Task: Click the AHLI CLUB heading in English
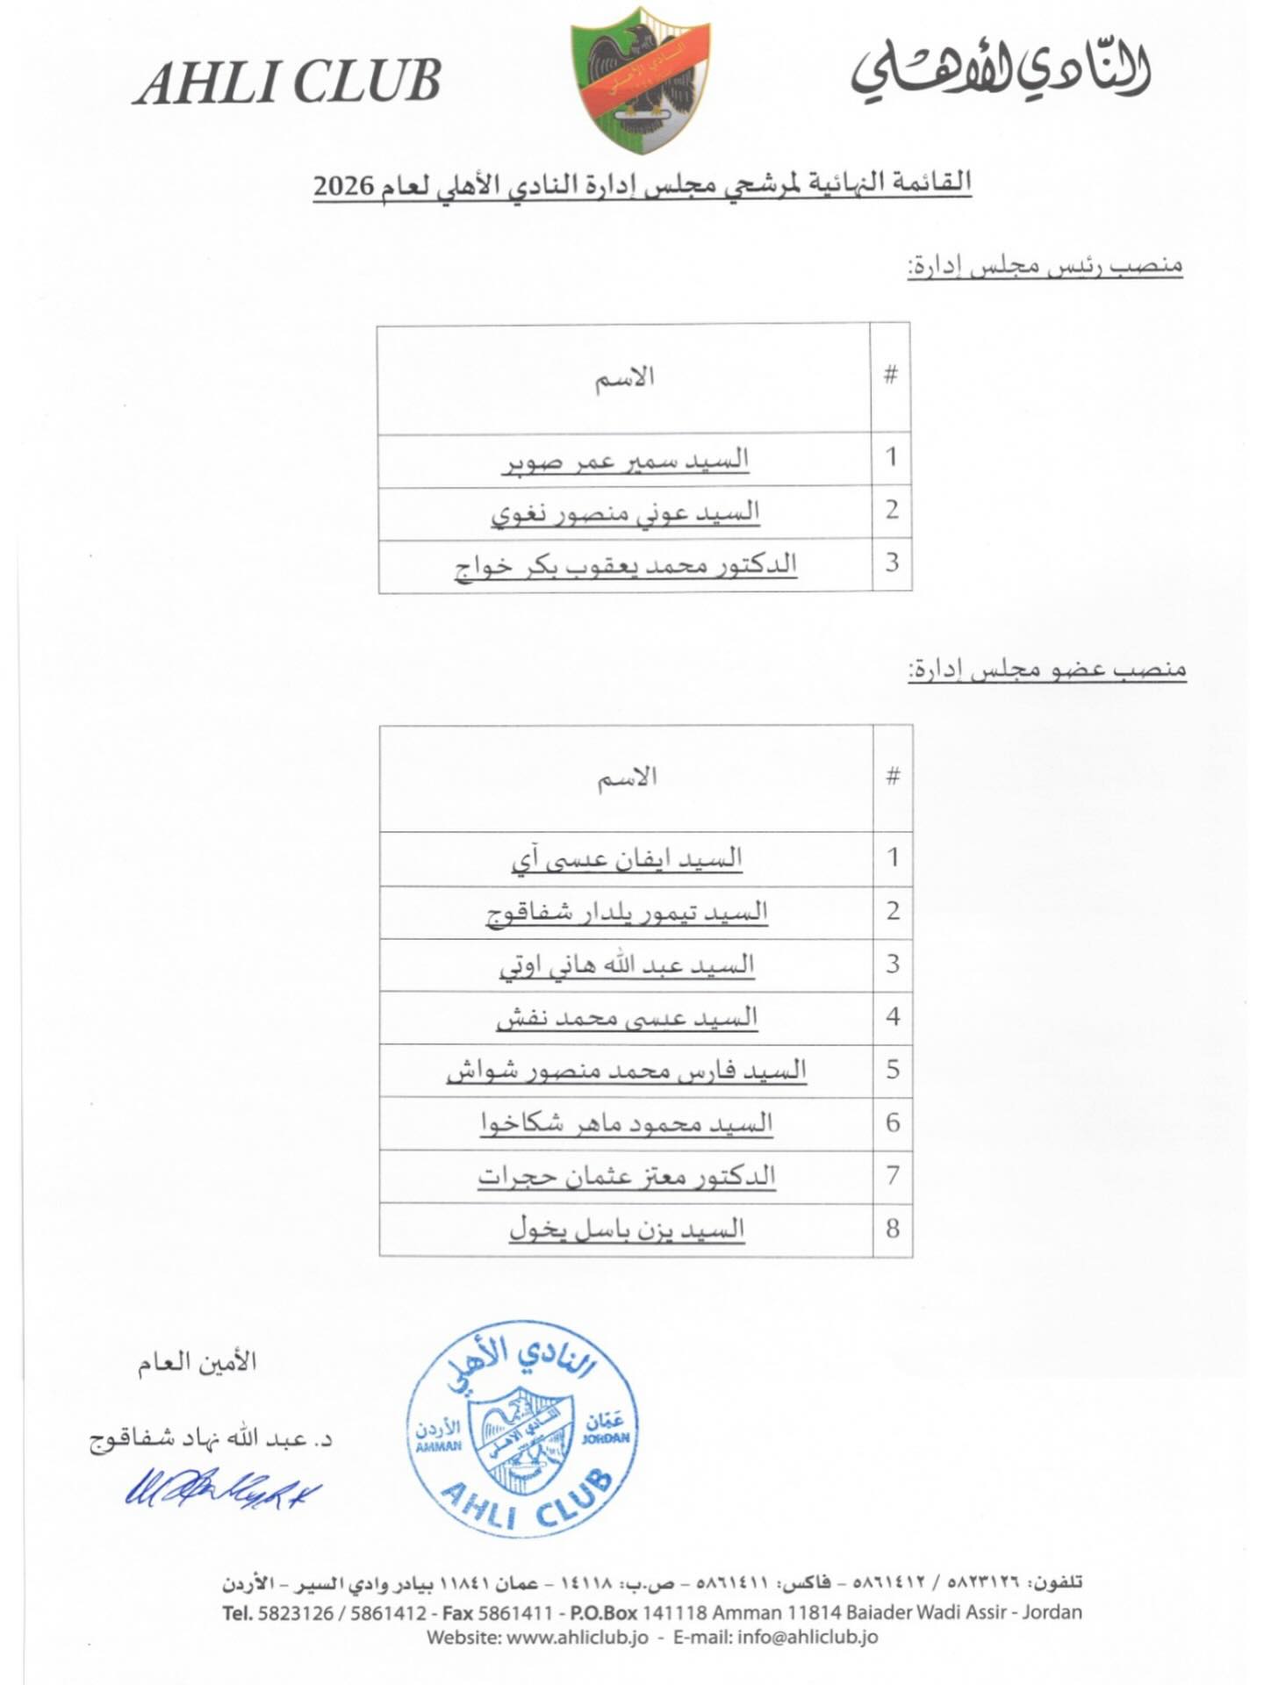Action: click(287, 83)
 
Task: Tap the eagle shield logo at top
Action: click(640, 77)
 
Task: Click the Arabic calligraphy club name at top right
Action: click(1000, 70)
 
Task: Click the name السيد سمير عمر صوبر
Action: click(625, 461)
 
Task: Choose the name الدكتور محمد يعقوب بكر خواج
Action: click(625, 566)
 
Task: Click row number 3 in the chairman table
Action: click(892, 563)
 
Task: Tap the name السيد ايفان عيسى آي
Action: click(627, 859)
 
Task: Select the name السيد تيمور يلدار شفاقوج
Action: click(627, 913)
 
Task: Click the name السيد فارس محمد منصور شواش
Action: click(627, 1071)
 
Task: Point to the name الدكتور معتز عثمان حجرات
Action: click(627, 1176)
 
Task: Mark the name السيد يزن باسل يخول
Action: click(627, 1229)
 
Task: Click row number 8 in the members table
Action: click(893, 1229)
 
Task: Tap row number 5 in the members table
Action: click(893, 1070)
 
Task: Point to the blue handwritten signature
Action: click(222, 1488)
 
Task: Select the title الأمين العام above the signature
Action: click(197, 1363)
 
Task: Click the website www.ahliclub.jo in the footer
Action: click(577, 1638)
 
